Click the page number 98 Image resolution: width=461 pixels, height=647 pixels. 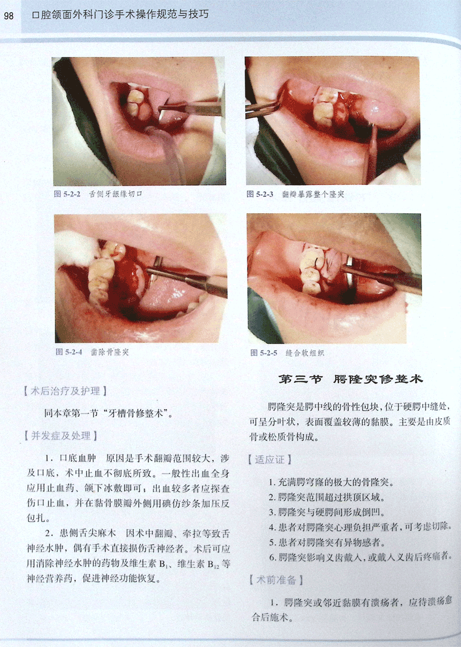8,15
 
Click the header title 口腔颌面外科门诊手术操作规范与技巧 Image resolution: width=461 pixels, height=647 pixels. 121,14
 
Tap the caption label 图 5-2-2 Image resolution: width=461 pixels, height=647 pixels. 67,194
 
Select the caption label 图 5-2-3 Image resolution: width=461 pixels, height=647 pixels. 260,194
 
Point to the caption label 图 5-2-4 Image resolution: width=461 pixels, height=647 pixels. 69,352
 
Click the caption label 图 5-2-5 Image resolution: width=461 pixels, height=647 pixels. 263,352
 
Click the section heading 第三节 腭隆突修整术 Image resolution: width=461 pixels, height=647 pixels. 351,379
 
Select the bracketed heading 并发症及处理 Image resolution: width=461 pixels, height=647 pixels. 61,436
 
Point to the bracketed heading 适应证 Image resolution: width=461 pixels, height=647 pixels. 270,460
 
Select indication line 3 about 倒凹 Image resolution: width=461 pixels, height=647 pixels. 327,512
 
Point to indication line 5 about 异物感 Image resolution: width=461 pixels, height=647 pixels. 327,542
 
